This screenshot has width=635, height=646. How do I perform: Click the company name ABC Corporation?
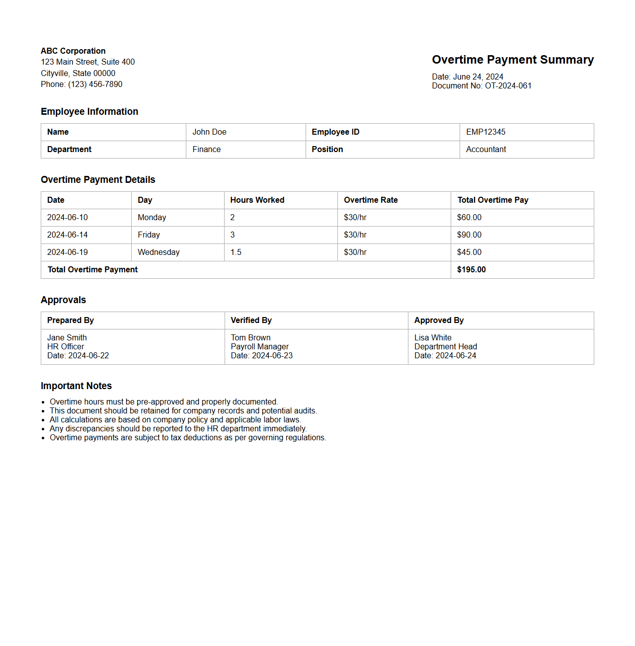(x=73, y=51)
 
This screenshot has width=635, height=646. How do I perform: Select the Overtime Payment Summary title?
(x=512, y=60)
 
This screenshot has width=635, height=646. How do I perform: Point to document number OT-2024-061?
(x=508, y=85)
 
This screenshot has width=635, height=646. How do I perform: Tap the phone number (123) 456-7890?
(x=95, y=84)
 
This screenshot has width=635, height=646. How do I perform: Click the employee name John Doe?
(x=209, y=132)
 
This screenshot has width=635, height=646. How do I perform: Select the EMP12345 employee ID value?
(x=485, y=132)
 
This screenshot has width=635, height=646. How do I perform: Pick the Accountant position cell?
(x=485, y=149)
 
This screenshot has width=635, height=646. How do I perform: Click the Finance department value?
(x=206, y=149)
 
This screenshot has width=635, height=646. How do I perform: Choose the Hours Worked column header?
(x=257, y=200)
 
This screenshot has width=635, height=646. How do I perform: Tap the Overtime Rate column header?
(x=371, y=200)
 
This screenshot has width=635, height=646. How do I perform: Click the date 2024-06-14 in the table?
(x=67, y=235)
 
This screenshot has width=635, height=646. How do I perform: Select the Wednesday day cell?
(x=159, y=252)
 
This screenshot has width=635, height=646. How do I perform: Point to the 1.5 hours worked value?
(x=236, y=252)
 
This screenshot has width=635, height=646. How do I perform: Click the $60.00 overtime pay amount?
(x=469, y=217)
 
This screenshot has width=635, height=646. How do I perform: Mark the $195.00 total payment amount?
(x=471, y=269)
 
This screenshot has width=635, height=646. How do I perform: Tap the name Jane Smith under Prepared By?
(x=67, y=337)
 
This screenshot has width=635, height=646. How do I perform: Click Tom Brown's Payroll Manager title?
(x=259, y=346)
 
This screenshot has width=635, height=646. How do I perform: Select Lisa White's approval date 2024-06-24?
(x=456, y=355)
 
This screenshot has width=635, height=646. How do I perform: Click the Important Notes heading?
(x=76, y=386)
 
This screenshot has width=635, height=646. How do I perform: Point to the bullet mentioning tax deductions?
(x=188, y=437)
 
